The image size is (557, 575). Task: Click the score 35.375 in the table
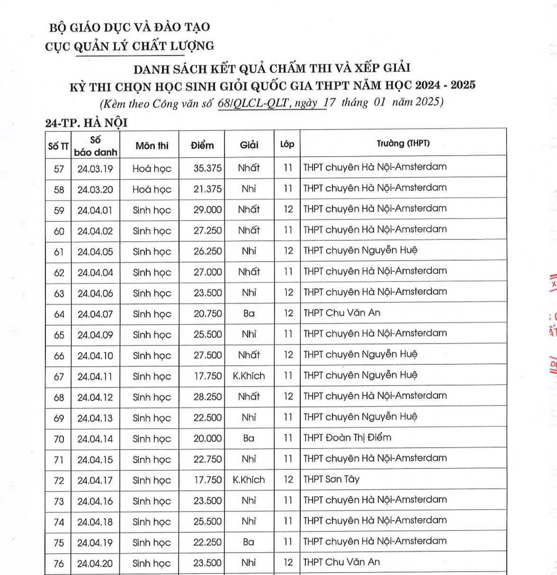[x=207, y=168]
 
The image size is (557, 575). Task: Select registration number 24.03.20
[x=95, y=189]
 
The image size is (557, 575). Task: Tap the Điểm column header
[x=202, y=145]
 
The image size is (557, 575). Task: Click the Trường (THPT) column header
[x=403, y=143]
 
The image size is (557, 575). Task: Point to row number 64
[x=59, y=314]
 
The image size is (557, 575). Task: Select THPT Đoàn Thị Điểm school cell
[x=347, y=438]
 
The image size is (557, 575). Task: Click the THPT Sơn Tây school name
[x=332, y=479]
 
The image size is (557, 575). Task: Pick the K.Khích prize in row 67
[x=249, y=376]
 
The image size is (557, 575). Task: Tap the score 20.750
[x=207, y=314]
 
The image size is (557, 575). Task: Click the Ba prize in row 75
[x=249, y=542]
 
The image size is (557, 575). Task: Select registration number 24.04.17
[x=95, y=480]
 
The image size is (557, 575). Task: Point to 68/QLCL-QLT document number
[x=253, y=103]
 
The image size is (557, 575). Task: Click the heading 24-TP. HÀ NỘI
[x=86, y=123]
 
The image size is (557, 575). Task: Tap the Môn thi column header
[x=152, y=146]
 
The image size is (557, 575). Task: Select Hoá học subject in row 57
[x=152, y=169]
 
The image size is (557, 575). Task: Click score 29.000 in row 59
[x=207, y=210]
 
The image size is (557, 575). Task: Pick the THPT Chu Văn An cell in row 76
[x=341, y=562]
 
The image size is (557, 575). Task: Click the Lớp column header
[x=287, y=144]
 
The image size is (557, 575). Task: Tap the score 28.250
[x=207, y=397]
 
